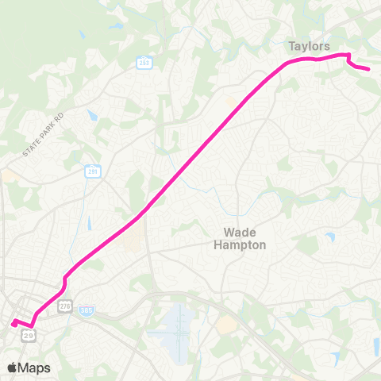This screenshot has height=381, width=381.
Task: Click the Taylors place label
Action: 310,46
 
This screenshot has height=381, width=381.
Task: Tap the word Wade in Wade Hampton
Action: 239,233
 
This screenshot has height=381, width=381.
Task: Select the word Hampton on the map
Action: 240,245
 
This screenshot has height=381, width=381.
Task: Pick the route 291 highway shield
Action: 93,171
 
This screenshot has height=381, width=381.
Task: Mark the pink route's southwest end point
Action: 13,322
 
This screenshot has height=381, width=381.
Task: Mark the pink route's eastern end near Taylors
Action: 369,70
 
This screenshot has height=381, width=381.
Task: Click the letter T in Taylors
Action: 291,46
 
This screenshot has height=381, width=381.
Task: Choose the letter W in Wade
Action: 229,233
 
